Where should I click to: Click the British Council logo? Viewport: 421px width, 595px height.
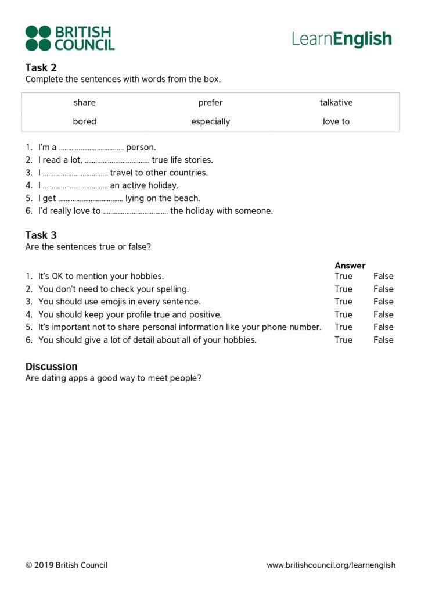tap(70, 38)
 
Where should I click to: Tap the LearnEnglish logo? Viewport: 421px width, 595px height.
tap(341, 39)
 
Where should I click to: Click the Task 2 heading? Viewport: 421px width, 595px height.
tap(41, 67)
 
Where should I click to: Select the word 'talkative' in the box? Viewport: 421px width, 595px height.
tap(336, 103)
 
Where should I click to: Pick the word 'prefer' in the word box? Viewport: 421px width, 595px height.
tap(210, 103)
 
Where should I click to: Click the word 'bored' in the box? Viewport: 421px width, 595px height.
tap(85, 121)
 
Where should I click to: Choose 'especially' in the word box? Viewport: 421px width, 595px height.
tap(210, 121)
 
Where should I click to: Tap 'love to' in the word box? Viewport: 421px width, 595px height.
tap(336, 121)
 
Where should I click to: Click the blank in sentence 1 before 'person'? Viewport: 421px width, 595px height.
tap(91, 148)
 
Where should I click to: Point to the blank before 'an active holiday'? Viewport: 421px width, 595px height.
tap(75, 187)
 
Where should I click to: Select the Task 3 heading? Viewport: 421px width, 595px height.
tap(41, 235)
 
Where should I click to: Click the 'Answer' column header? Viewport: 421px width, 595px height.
tap(350, 266)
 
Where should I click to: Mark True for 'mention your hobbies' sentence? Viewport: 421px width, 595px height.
tap(343, 276)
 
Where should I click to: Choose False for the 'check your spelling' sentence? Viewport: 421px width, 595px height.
tap(383, 289)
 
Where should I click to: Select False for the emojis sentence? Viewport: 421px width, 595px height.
tap(383, 302)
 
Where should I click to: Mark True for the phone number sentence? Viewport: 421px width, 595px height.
tap(343, 327)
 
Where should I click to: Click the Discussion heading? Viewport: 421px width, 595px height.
tap(51, 367)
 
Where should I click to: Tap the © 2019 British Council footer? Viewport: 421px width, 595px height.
tap(66, 565)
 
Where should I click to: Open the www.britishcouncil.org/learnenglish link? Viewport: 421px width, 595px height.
tap(331, 565)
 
